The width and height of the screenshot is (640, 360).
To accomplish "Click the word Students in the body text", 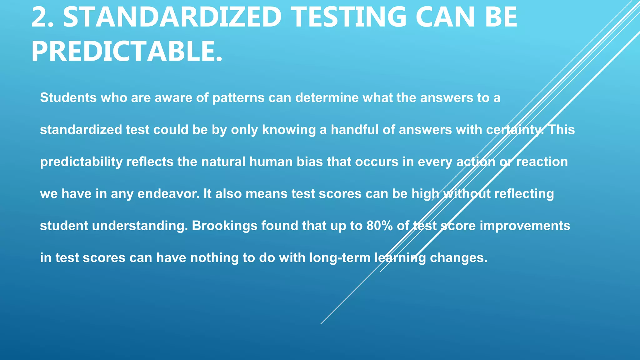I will (x=68, y=98).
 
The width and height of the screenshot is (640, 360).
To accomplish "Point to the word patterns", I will (x=239, y=98).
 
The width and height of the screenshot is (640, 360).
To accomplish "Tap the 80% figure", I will (x=379, y=226).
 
